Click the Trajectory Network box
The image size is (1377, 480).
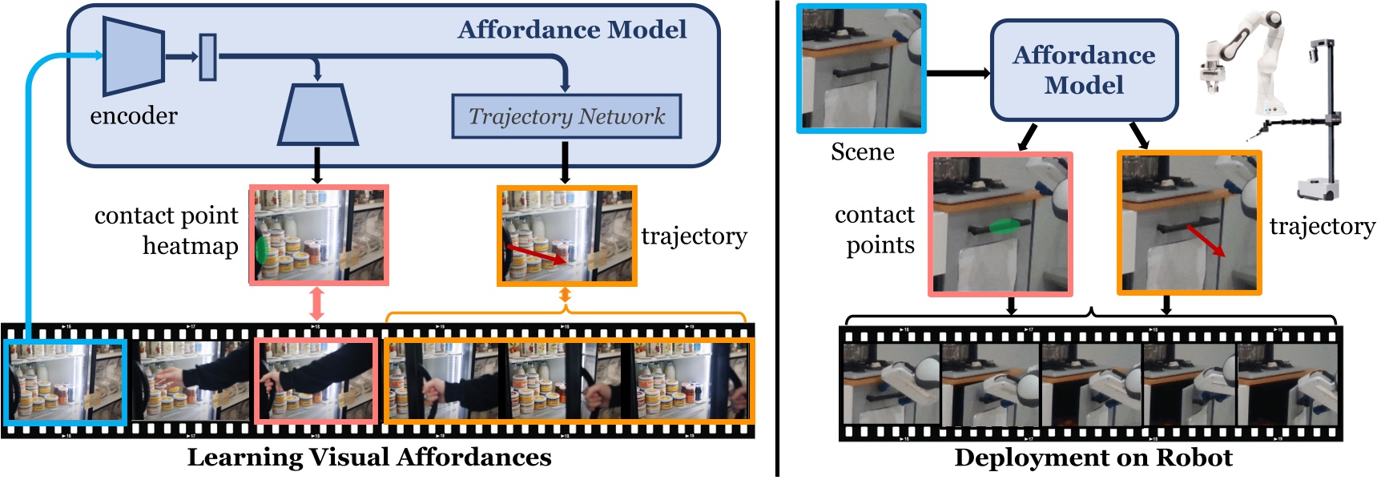pos(566,117)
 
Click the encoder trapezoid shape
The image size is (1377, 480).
pos(133,56)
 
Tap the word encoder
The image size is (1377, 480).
pos(134,116)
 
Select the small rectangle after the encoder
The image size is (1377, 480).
pos(207,57)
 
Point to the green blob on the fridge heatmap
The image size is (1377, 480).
pos(261,249)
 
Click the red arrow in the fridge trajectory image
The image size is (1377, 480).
pos(537,255)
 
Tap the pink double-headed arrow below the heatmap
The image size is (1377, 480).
pos(316,305)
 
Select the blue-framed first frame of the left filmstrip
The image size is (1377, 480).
pos(65,381)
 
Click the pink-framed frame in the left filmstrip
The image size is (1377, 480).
pos(316,381)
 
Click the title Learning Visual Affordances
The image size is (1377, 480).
pos(369,458)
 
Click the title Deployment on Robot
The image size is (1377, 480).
pos(1093,458)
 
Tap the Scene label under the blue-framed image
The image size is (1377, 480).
pos(862,152)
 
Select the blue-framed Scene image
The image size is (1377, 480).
pos(861,68)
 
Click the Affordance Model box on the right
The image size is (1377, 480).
pos(1084,71)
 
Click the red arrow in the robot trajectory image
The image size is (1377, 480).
pos(1205,240)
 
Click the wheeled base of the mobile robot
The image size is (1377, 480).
pos(1317,189)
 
